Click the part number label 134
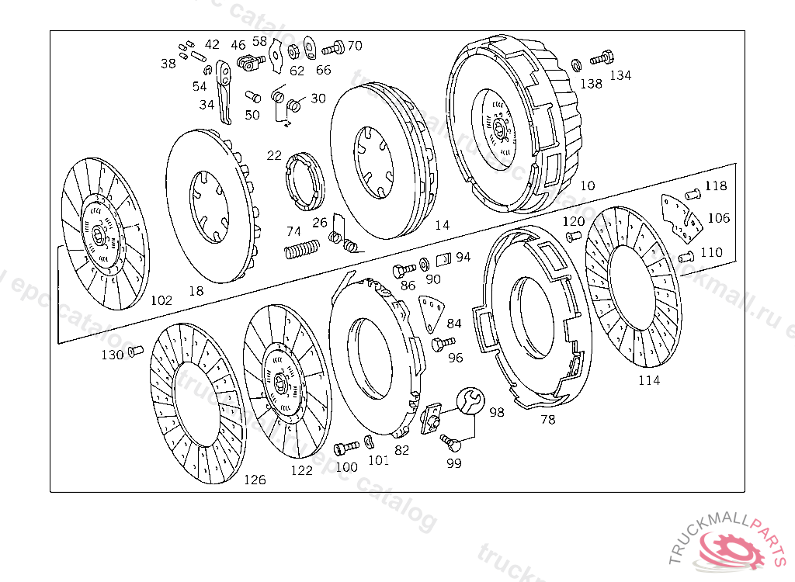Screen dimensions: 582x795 point(620,75)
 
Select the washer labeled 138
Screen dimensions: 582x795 point(576,65)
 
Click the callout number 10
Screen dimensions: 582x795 point(587,186)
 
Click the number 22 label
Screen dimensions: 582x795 point(274,155)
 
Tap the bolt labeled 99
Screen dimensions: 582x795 point(451,443)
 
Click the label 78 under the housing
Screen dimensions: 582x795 point(548,420)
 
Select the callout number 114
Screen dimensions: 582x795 point(649,380)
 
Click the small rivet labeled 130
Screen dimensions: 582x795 point(135,353)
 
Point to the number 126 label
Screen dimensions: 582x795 point(255,480)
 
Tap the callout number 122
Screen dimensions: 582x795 point(302,470)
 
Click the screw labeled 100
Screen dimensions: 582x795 point(346,449)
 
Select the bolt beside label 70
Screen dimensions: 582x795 point(332,49)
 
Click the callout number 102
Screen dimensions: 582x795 point(161,300)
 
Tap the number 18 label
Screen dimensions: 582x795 point(196,291)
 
